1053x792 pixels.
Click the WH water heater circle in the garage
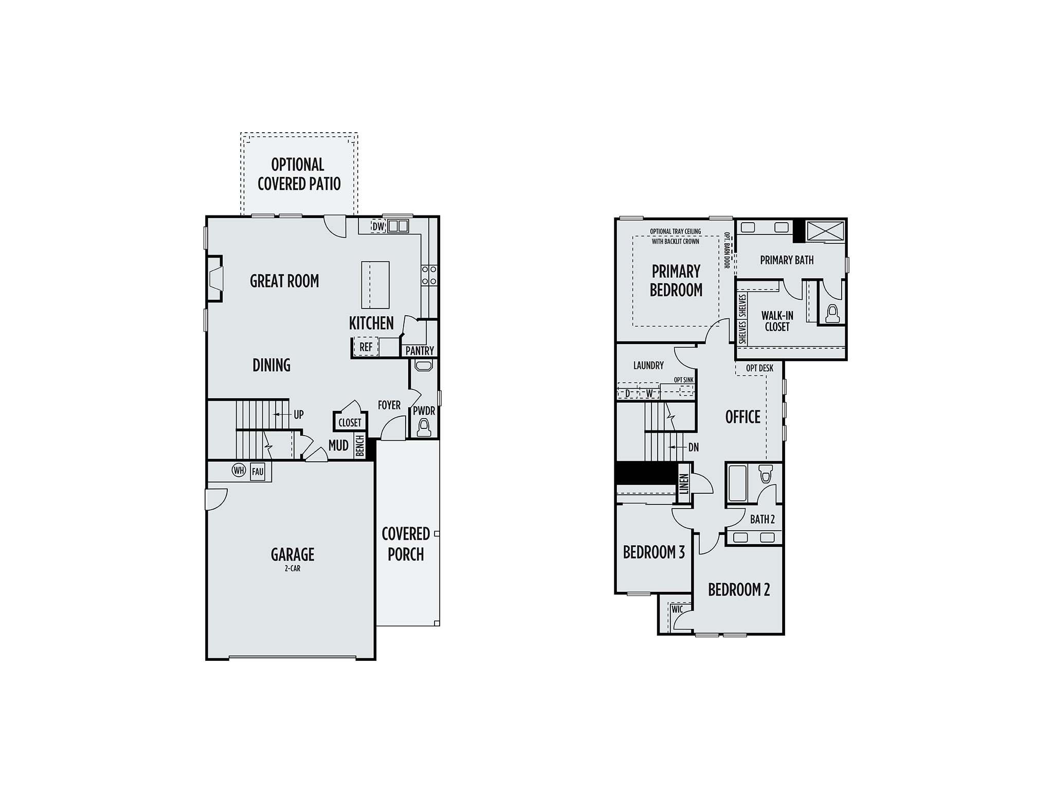pos(239,470)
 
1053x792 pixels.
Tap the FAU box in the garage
pos(258,472)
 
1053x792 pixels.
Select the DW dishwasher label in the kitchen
pos(378,226)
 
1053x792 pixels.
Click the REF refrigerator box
pos(366,347)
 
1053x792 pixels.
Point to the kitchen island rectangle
pos(375,285)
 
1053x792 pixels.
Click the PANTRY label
pos(420,351)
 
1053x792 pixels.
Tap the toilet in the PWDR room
pos(424,428)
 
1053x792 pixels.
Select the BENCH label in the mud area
pos(360,445)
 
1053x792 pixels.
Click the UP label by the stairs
pos(299,415)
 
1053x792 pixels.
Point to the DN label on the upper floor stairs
pos(694,447)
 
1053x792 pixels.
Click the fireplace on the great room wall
pos(215,278)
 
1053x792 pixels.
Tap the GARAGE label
pos(293,554)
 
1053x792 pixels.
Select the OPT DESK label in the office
pos(759,368)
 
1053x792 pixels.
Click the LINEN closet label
pos(684,484)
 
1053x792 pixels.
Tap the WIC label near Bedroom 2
pos(677,609)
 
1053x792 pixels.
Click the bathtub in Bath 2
pos(738,483)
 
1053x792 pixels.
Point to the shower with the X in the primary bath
pos(825,231)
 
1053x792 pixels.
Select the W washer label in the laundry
pos(649,393)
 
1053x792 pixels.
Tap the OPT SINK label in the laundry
pos(684,380)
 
